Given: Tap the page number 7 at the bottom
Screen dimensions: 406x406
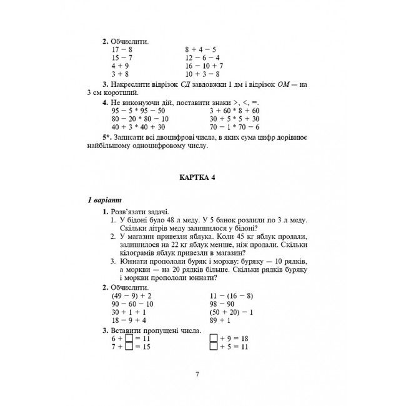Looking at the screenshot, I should pyautogui.click(x=197, y=374).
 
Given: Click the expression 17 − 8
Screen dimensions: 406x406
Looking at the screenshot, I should pyautogui.click(x=122, y=48).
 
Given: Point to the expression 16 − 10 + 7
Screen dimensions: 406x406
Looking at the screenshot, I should pyautogui.click(x=204, y=66).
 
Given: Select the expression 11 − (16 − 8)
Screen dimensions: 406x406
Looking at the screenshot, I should pyautogui.click(x=231, y=295).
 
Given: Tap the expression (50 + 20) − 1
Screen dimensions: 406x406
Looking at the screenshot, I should pyautogui.click(x=231, y=312).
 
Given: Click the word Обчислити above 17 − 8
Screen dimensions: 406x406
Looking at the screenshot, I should pyautogui.click(x=131, y=40).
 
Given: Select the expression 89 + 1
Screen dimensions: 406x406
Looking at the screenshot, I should pyautogui.click(x=221, y=320).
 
